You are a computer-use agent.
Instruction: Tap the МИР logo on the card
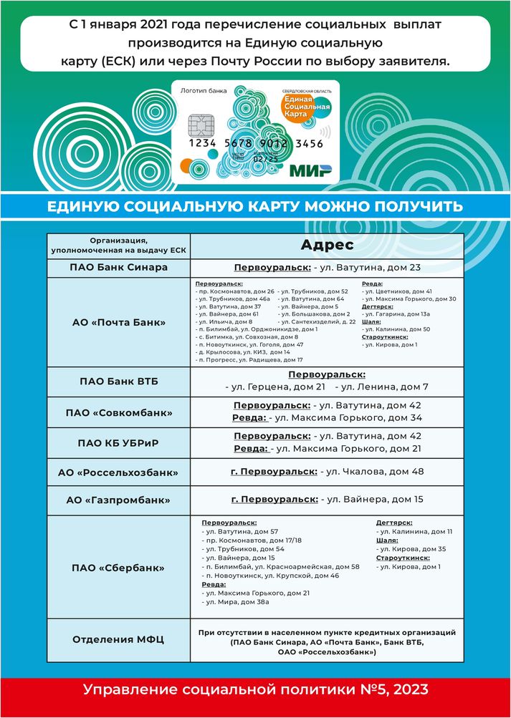tap(310, 170)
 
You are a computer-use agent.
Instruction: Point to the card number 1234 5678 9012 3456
tap(256, 143)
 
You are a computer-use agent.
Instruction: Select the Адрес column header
tap(327, 245)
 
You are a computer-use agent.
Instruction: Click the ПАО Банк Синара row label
tap(118, 268)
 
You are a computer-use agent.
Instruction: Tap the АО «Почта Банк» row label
tap(118, 323)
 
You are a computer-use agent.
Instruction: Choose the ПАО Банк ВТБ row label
tap(118, 381)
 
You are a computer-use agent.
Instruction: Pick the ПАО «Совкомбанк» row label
tap(118, 413)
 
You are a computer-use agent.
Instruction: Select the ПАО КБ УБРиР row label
tap(118, 442)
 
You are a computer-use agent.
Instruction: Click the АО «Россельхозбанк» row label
tap(118, 472)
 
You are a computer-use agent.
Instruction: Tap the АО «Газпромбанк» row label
tap(118, 499)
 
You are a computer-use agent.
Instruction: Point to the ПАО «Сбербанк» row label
tap(118, 568)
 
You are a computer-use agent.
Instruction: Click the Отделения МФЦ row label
tap(118, 639)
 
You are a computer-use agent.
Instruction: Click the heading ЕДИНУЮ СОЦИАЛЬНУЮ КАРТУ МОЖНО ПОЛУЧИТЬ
tap(255, 207)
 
